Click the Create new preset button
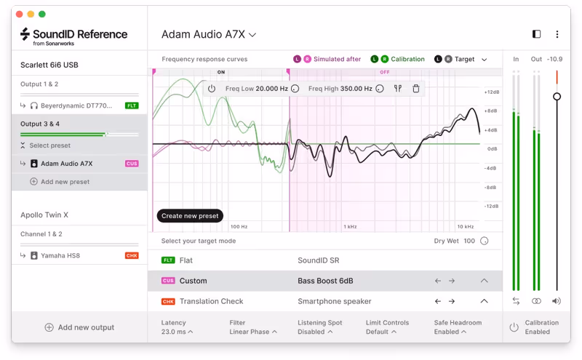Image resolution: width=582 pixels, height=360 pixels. click(x=190, y=216)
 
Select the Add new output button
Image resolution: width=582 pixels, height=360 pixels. click(x=79, y=327)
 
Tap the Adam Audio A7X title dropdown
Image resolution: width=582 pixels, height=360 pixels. click(x=209, y=34)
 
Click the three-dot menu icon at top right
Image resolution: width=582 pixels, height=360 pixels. click(x=557, y=34)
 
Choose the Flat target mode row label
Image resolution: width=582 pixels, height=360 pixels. click(x=186, y=260)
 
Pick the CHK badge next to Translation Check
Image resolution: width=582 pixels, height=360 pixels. click(x=168, y=301)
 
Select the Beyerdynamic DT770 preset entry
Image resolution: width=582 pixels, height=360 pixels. click(x=76, y=105)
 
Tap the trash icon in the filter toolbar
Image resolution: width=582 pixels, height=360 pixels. click(x=416, y=89)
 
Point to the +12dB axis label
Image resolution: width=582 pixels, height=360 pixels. click(x=492, y=92)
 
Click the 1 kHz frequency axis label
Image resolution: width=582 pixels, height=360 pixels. click(x=349, y=227)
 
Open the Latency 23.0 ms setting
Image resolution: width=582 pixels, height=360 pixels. click(x=177, y=327)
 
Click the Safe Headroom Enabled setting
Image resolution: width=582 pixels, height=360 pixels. click(x=458, y=327)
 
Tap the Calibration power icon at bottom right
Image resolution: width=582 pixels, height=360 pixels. click(x=514, y=327)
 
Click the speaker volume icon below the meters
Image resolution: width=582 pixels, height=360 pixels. click(x=557, y=301)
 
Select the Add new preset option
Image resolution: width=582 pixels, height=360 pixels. click(x=65, y=182)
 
